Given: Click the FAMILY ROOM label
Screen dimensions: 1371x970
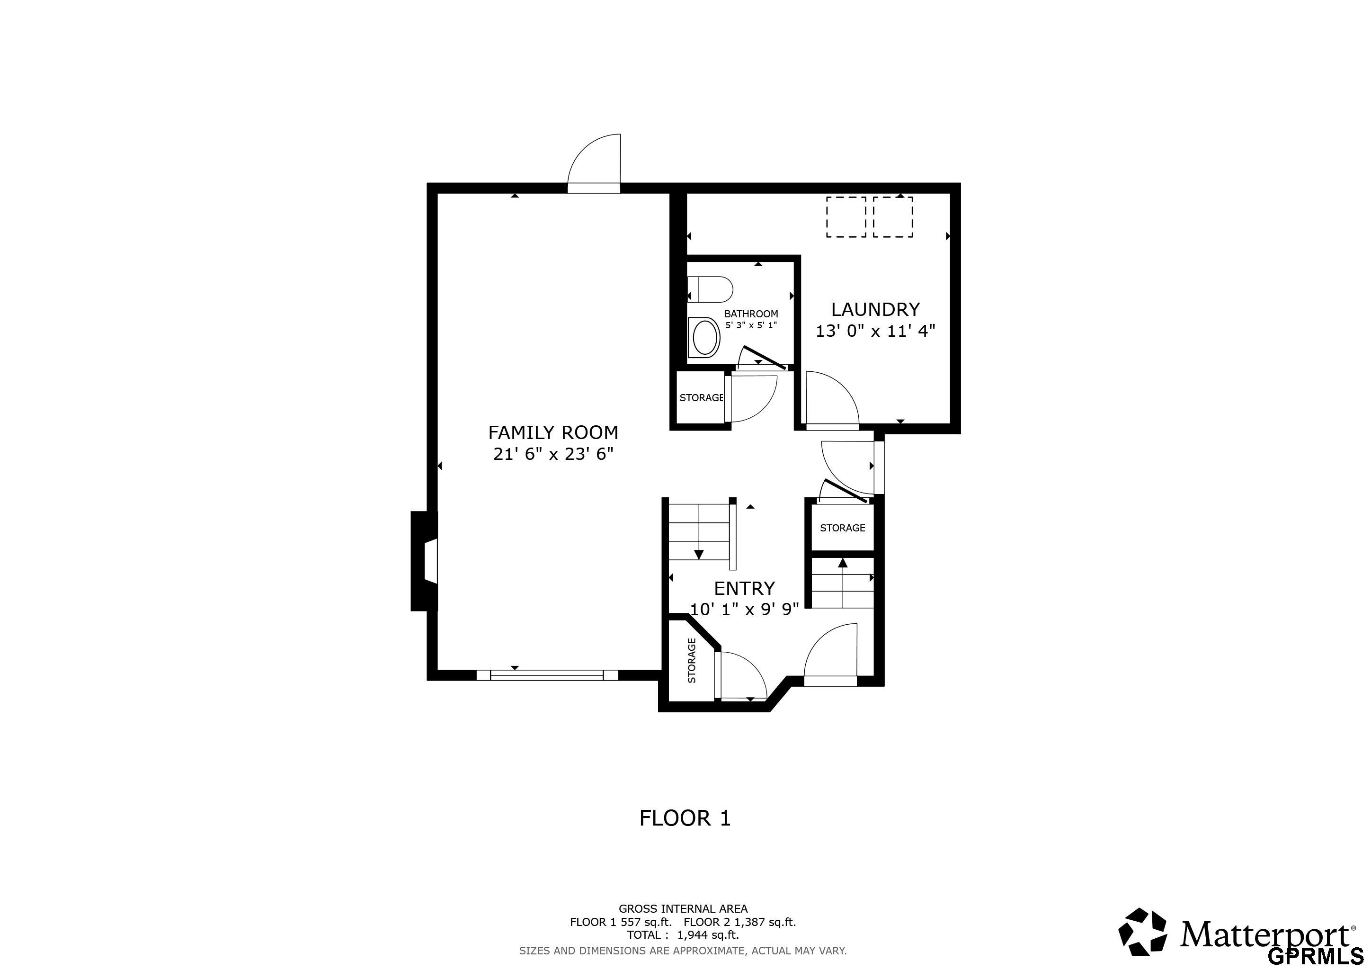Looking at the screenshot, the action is [x=553, y=432].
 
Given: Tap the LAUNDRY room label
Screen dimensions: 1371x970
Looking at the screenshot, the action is [x=875, y=309].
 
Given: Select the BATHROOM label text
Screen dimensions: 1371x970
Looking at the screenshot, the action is [x=751, y=314].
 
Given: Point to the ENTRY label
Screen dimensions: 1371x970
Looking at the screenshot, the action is [x=745, y=588].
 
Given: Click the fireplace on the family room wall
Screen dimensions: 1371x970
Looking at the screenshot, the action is [x=425, y=560].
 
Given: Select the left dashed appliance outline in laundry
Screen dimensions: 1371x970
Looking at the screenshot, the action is [x=846, y=217].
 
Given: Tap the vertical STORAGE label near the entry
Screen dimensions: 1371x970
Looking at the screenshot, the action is [x=692, y=661].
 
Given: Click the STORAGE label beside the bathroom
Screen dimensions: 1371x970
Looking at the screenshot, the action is [x=702, y=398].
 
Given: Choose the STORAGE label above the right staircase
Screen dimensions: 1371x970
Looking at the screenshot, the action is [x=843, y=528].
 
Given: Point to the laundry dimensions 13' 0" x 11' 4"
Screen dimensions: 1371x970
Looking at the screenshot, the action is [x=875, y=331].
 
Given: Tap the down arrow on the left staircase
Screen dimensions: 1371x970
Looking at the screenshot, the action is [x=699, y=554].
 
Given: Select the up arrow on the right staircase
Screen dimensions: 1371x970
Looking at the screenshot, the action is [x=843, y=563].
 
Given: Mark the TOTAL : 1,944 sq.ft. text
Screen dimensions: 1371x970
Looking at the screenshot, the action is [x=683, y=935].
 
